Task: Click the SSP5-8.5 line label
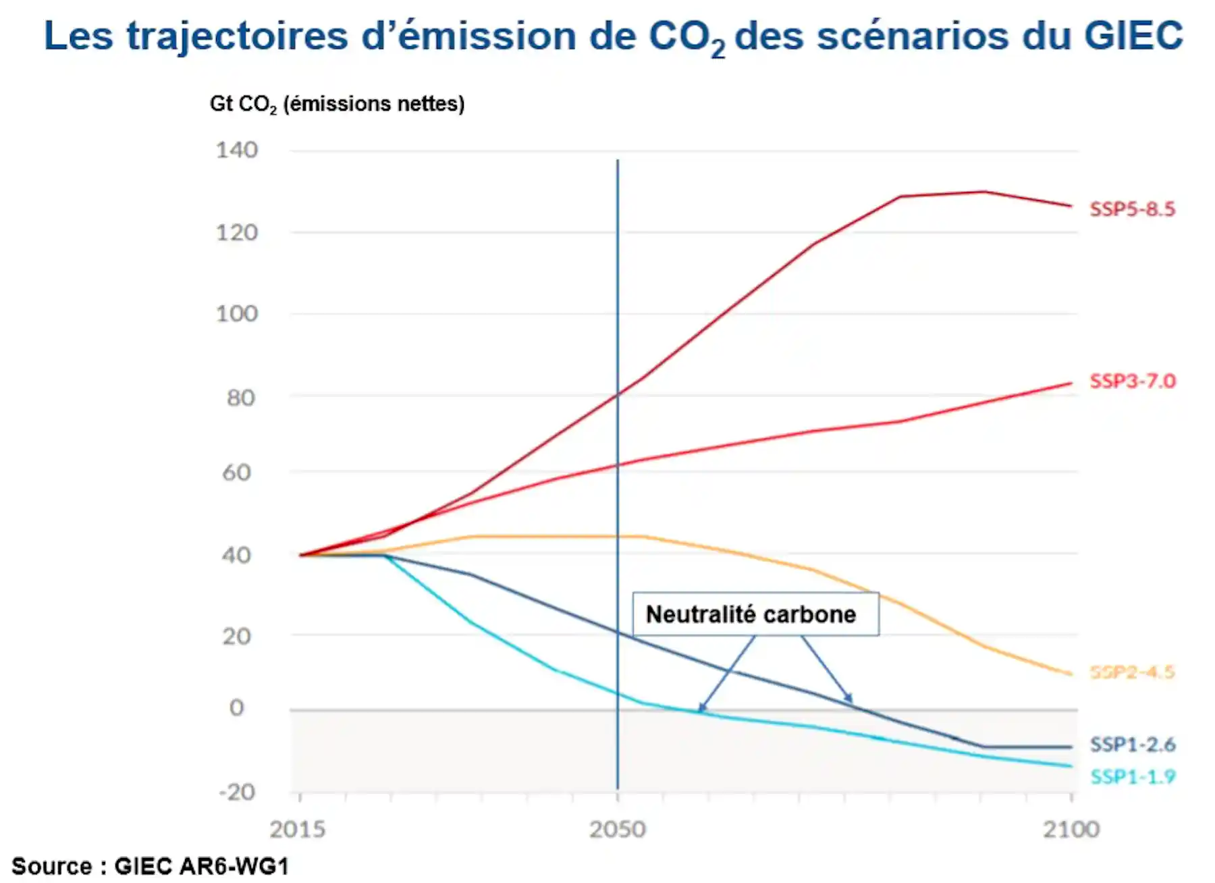(1132, 209)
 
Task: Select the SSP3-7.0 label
(1132, 381)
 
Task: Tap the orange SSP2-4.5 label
(1132, 672)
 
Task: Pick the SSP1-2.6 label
(1132, 745)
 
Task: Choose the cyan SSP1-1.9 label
(1132, 777)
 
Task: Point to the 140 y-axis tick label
(236, 150)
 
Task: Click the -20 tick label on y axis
(237, 792)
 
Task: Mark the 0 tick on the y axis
(236, 707)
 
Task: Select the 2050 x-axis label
(617, 829)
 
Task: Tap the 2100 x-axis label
(1071, 829)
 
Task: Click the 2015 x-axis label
(297, 829)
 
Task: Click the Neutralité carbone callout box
(755, 614)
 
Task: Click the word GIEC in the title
(1133, 35)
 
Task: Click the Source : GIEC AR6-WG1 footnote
(150, 866)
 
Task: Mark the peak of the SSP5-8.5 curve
(983, 192)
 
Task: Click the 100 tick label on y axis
(236, 314)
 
